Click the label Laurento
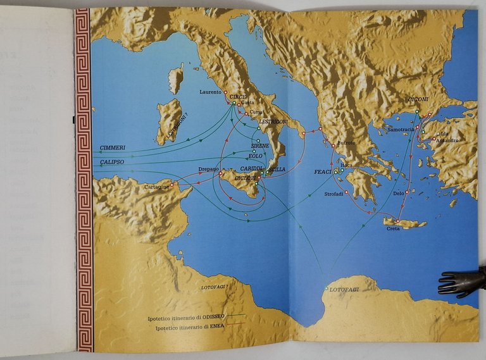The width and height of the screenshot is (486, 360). [210, 92]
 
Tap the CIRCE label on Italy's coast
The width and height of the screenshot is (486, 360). [237, 96]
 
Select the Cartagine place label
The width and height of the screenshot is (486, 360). [156, 187]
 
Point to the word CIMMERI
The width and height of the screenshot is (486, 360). [112, 147]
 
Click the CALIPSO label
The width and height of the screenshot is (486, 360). [112, 162]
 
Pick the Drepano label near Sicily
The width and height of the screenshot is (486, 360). [207, 170]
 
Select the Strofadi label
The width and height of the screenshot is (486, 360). [333, 194]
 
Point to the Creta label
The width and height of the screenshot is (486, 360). [394, 228]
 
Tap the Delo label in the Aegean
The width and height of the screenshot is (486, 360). [398, 193]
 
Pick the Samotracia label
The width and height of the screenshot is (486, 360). [401, 130]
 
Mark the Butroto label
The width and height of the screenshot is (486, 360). [347, 143]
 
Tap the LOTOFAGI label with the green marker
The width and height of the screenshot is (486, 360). [344, 289]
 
